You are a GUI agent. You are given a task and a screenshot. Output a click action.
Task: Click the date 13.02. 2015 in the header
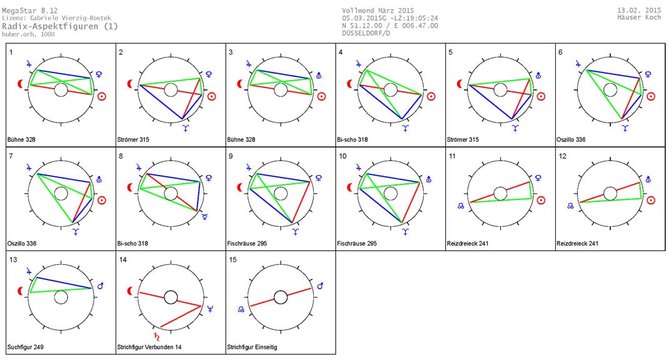639,11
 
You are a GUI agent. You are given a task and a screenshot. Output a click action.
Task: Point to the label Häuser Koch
640,18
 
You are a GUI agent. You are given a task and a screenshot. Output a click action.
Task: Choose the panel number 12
562,156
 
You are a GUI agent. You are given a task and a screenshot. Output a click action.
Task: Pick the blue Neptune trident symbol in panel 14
210,308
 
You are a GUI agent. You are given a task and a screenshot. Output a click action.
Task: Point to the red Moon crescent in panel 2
131,83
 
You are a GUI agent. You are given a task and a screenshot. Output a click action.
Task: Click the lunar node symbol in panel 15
241,309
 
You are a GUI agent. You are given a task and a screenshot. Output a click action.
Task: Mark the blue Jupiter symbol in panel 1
29,62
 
